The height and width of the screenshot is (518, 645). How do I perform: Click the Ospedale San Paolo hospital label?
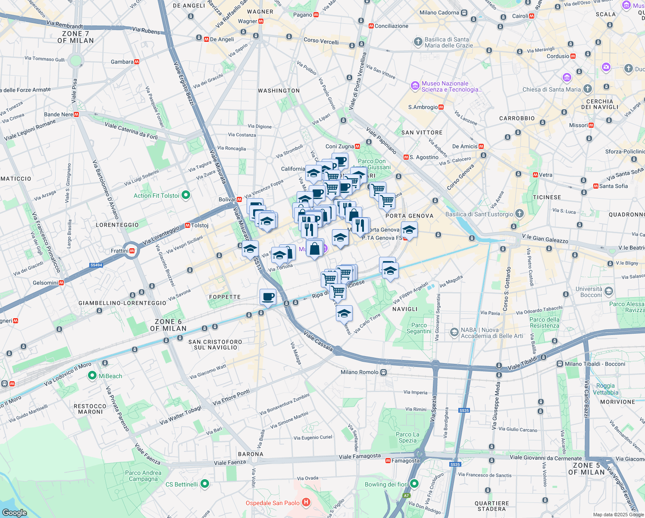(x=272, y=503)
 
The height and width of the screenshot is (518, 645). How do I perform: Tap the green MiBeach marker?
(x=92, y=376)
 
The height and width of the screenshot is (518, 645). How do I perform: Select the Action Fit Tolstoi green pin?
(x=186, y=196)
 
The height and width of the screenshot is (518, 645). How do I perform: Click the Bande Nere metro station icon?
(x=76, y=114)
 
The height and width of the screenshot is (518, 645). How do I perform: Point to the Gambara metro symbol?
(x=137, y=62)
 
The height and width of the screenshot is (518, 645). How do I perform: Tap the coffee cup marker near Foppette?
(x=268, y=297)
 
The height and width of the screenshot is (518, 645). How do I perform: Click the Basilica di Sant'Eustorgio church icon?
(x=520, y=214)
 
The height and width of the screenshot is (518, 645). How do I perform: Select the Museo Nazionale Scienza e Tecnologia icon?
(x=415, y=86)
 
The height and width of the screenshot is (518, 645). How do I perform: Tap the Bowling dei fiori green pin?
(x=414, y=483)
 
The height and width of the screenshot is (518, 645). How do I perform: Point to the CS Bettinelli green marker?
(x=205, y=484)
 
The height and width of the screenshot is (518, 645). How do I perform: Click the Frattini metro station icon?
(x=132, y=251)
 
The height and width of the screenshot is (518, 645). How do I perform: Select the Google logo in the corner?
(x=15, y=513)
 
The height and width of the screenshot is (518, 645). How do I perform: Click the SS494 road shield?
(x=96, y=265)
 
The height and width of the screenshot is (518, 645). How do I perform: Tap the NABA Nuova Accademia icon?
(x=454, y=332)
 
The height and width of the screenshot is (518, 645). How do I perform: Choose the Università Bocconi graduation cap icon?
(x=608, y=291)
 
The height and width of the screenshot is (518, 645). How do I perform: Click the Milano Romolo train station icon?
(x=383, y=372)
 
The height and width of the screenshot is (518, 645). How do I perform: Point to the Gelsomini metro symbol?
(x=61, y=283)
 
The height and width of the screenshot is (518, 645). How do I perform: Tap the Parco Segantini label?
(x=419, y=328)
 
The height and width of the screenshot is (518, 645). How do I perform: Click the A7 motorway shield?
(x=407, y=496)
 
